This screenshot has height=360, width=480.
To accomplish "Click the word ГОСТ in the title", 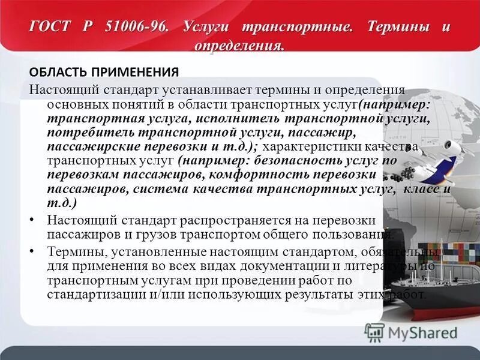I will (50, 27).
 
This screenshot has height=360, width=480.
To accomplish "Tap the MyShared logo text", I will (421, 331).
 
